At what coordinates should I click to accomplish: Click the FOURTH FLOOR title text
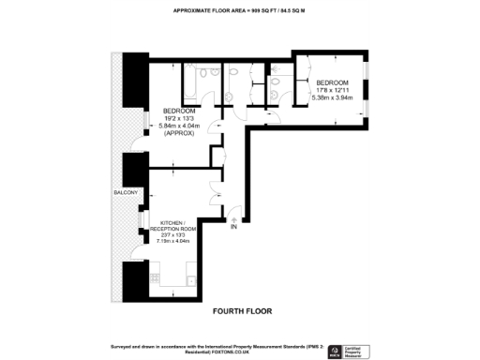click(x=240, y=309)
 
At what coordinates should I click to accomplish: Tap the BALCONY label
click(x=126, y=192)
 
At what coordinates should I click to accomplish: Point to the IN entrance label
click(x=234, y=227)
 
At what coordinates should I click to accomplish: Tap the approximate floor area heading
click(x=240, y=10)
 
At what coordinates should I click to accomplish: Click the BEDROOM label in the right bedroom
click(x=331, y=82)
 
